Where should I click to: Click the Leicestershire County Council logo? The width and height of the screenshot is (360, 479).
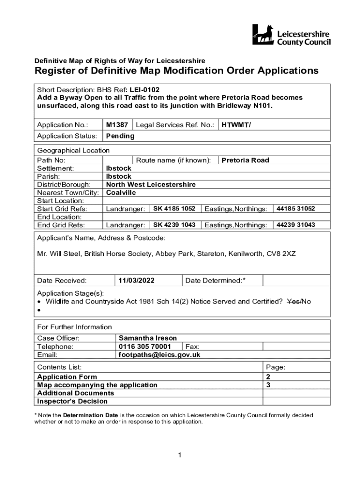click(291, 35)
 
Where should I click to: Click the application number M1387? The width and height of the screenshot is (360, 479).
click(117, 125)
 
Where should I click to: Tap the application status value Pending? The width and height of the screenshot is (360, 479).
click(120, 136)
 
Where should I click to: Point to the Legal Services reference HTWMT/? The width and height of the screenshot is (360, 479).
click(237, 125)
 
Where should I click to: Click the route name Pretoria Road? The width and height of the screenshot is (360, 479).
click(245, 160)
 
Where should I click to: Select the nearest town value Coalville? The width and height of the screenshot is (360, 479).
click(121, 192)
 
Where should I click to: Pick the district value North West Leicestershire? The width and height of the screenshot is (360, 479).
click(151, 184)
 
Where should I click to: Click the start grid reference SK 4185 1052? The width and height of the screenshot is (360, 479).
click(174, 209)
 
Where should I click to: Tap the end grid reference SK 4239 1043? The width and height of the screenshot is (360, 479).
click(174, 225)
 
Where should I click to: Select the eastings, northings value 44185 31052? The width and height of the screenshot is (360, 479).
click(296, 209)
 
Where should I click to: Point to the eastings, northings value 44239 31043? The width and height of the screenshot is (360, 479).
click(296, 225)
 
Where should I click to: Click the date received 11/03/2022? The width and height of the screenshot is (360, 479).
click(136, 281)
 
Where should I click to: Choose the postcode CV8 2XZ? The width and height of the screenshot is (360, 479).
click(281, 254)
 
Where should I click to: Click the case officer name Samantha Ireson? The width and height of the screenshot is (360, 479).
click(148, 338)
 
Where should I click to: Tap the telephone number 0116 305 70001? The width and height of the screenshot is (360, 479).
click(145, 347)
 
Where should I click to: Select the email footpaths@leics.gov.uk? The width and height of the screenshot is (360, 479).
click(159, 355)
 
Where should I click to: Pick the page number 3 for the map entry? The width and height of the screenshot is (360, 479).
click(268, 385)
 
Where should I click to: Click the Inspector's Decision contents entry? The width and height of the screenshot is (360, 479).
click(72, 401)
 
